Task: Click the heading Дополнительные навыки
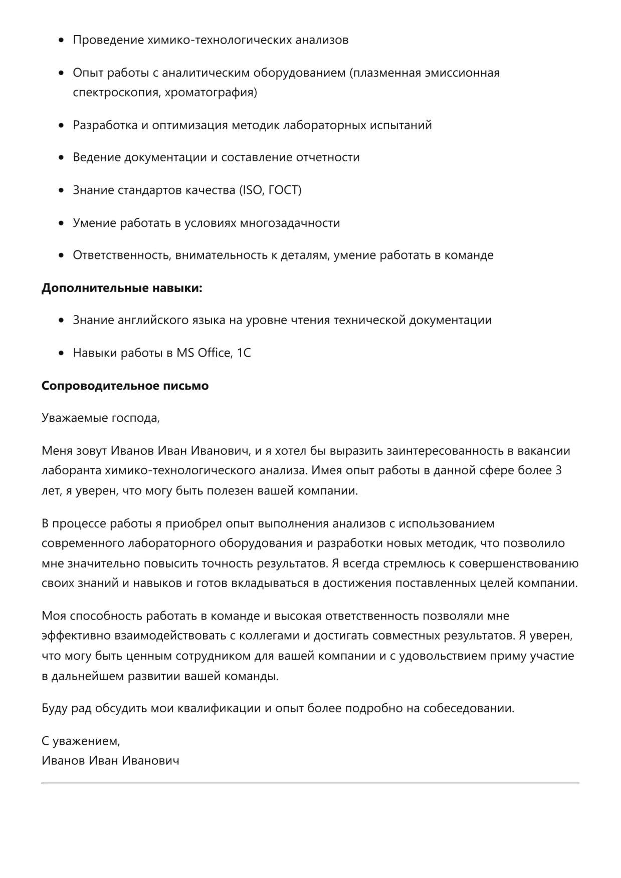[122, 288]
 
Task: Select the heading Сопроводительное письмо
[125, 386]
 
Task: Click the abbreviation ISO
[253, 190]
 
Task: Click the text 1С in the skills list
[244, 353]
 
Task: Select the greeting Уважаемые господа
[100, 418]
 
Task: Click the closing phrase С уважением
[81, 741]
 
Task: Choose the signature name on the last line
[110, 761]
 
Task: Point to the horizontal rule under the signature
[310, 783]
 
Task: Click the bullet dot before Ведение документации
[62, 158]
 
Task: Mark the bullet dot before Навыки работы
[62, 353]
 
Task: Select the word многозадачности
[290, 223]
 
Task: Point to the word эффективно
[76, 636]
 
